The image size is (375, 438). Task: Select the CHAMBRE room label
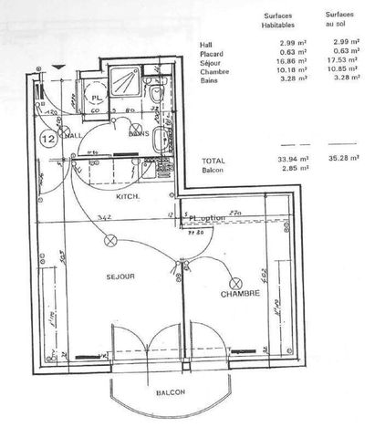click(x=241, y=294)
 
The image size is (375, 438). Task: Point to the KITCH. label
click(x=127, y=197)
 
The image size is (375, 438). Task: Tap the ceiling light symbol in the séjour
click(x=112, y=241)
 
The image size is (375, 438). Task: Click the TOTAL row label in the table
click(x=213, y=160)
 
